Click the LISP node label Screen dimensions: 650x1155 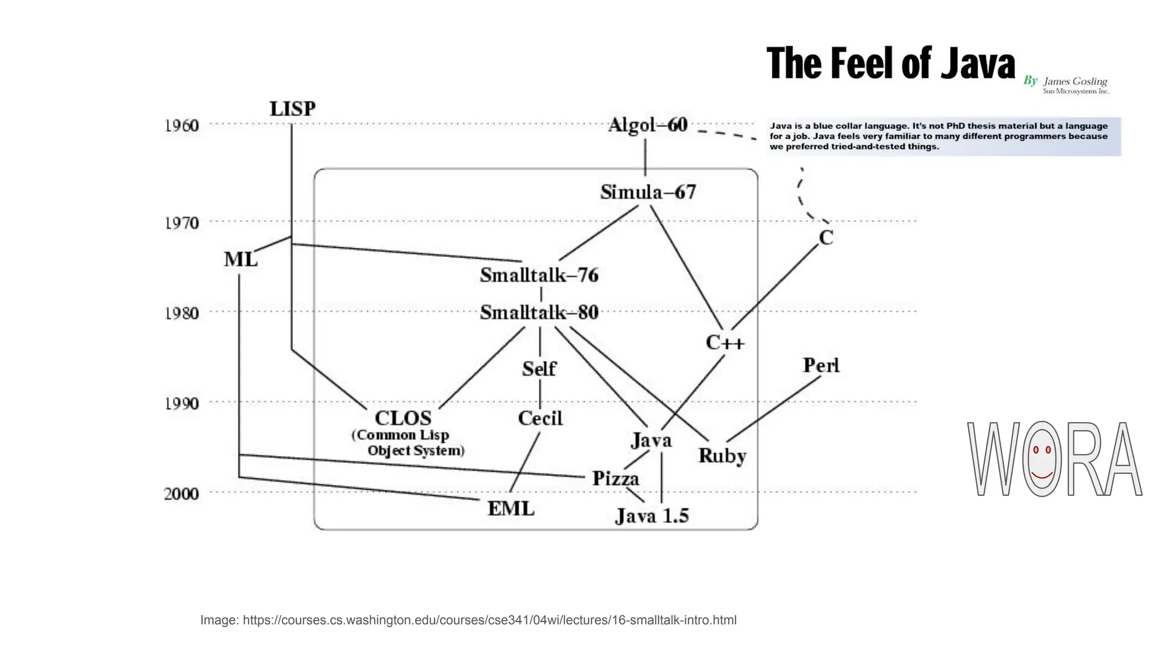click(292, 108)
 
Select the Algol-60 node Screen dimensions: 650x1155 click(647, 125)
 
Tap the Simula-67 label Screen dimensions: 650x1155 click(647, 192)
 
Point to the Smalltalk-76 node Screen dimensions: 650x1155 click(539, 275)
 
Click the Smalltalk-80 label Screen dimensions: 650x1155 click(539, 312)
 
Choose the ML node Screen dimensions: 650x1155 click(240, 260)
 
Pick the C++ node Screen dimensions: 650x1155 click(725, 342)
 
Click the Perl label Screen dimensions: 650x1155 click(821, 365)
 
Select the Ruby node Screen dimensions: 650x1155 click(722, 455)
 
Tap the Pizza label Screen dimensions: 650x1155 click(615, 478)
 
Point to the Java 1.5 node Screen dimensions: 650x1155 click(651, 516)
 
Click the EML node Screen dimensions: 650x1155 click(511, 508)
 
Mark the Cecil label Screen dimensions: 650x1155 click(540, 418)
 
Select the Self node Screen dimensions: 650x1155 click(539, 368)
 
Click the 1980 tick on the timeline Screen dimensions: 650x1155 click(182, 313)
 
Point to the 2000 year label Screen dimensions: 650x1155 click(182, 494)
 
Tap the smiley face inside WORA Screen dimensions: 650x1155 click(1042, 458)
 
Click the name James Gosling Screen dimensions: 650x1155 click(1075, 81)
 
